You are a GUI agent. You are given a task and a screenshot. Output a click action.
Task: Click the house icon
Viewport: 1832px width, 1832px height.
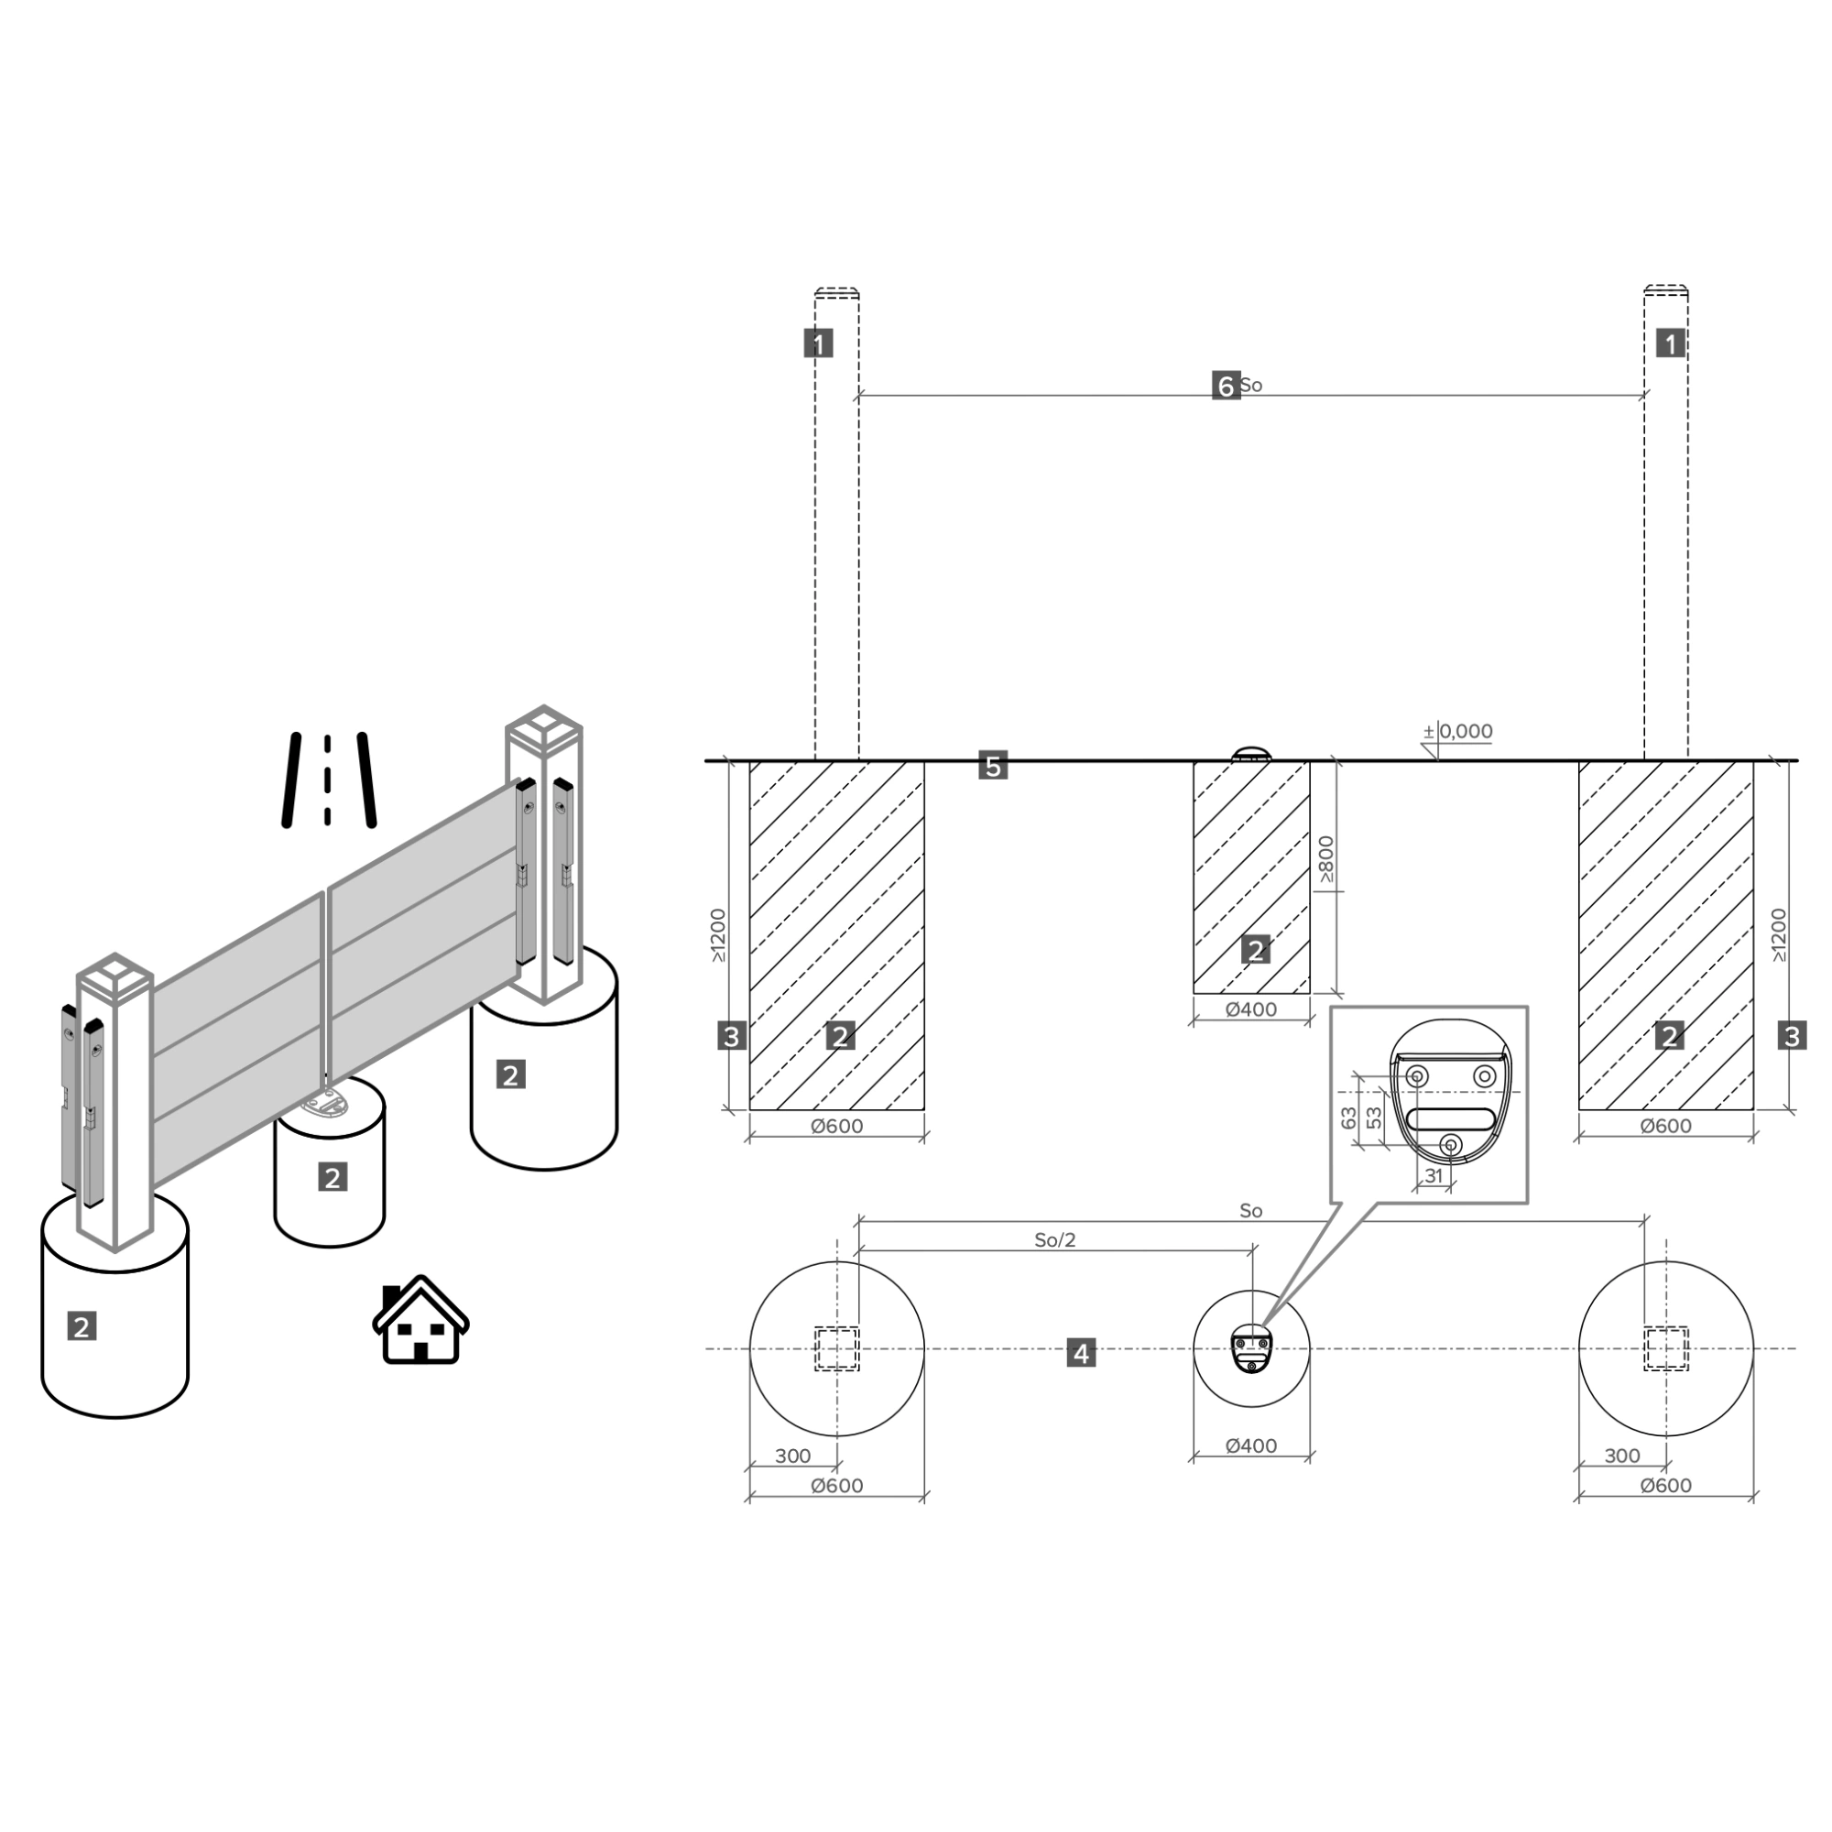click(420, 1321)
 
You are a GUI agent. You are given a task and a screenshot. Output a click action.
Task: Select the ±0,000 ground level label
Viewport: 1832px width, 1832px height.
click(1457, 731)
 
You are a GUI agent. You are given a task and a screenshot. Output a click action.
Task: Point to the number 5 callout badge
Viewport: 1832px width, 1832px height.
click(993, 765)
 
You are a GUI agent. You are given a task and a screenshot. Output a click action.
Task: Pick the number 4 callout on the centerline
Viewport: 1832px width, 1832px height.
click(1081, 1352)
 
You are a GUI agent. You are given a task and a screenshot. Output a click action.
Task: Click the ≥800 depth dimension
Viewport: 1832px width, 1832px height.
click(1326, 859)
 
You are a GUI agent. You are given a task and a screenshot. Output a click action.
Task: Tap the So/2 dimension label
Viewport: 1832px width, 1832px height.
click(1054, 1239)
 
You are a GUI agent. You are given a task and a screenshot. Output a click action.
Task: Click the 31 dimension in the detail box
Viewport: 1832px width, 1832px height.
click(1434, 1176)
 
